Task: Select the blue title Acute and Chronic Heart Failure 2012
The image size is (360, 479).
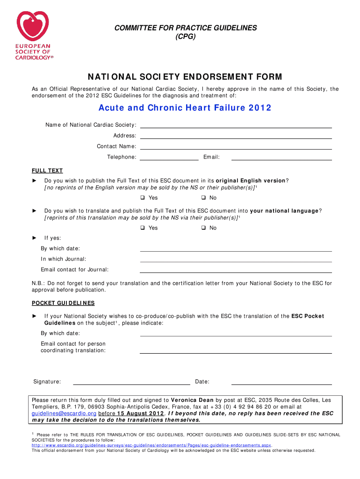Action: pos(185,108)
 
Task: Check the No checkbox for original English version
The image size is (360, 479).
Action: pos(203,198)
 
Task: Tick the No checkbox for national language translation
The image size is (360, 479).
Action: pos(203,228)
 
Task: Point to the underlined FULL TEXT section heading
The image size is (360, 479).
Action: pos(47,171)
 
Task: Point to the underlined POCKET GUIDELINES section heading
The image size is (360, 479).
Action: pos(63,303)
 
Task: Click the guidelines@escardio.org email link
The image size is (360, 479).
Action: pos(64,414)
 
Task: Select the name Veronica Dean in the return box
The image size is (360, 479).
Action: pos(192,400)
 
